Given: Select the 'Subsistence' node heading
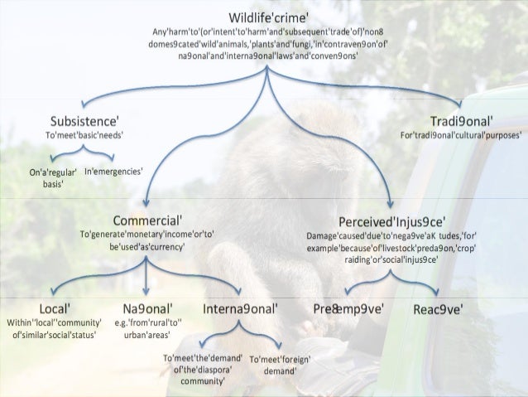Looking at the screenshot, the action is [82, 118].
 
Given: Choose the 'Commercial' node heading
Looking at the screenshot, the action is [147, 221].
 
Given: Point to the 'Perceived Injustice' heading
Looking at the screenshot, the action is [392, 221].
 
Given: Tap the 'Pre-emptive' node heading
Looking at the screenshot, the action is [347, 309].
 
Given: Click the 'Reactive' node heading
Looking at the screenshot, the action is [438, 309].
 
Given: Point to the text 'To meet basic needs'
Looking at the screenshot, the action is [82, 134].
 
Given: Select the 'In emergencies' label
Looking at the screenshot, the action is [113, 172].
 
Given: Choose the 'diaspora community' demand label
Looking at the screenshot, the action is [201, 370].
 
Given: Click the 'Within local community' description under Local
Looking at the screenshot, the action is [54, 328].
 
